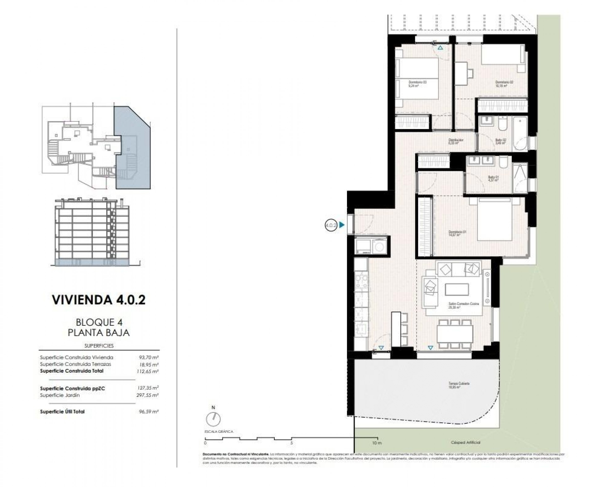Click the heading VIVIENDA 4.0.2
click(x=99, y=300)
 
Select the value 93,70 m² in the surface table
click(x=149, y=357)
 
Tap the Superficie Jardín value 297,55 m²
click(x=149, y=395)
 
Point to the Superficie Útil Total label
click(x=62, y=412)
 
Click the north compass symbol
click(x=213, y=419)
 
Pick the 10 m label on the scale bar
click(x=377, y=443)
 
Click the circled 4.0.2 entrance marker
click(x=331, y=225)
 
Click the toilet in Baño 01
click(x=503, y=163)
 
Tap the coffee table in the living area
click(x=457, y=289)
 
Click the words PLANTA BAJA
click(x=99, y=333)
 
